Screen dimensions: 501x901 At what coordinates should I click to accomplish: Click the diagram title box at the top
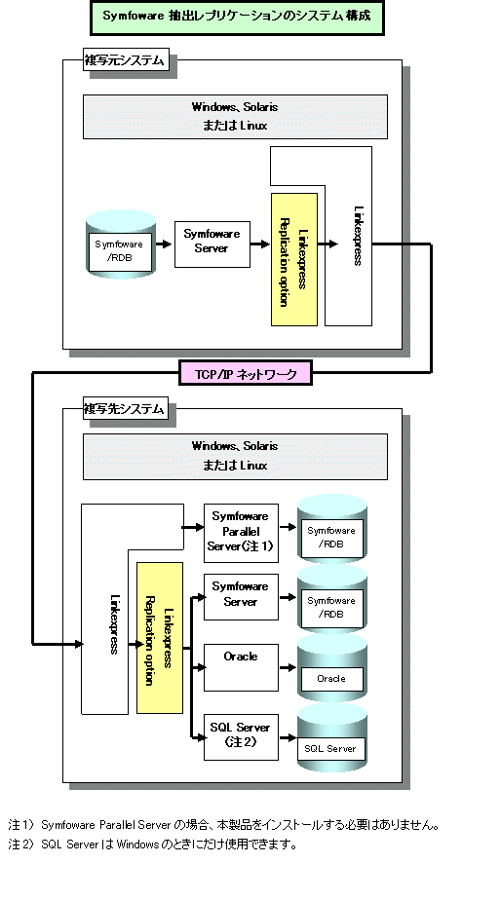[x=237, y=18]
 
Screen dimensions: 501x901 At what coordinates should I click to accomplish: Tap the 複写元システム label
[x=126, y=59]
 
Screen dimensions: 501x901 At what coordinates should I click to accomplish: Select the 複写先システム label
[x=126, y=408]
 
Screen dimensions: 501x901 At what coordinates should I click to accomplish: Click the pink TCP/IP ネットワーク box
[x=246, y=374]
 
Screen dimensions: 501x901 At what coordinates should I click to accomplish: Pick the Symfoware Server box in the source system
[x=212, y=244]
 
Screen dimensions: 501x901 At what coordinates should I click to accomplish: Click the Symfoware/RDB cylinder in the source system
[x=122, y=244]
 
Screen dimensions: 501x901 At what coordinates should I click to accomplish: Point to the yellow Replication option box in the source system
[x=294, y=260]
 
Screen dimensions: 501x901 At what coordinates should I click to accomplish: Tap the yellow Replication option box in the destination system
[x=159, y=638]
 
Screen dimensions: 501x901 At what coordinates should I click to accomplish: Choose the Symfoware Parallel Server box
[x=241, y=532]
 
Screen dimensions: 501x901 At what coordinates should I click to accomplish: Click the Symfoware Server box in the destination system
[x=241, y=596]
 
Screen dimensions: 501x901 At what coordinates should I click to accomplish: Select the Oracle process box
[x=241, y=667]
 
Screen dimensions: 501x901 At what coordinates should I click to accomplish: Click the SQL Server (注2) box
[x=241, y=737]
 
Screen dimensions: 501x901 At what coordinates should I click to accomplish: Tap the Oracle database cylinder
[x=332, y=667]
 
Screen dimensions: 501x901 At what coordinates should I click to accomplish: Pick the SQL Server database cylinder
[x=332, y=738]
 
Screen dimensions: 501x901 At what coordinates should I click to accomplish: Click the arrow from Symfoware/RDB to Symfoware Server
[x=165, y=244]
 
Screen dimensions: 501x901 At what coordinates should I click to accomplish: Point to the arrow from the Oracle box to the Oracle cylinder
[x=288, y=667]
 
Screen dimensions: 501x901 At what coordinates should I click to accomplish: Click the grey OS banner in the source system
[x=235, y=117]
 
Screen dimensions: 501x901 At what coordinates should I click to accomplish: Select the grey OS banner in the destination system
[x=235, y=456]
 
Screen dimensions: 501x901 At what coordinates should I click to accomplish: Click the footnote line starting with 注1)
[x=225, y=826]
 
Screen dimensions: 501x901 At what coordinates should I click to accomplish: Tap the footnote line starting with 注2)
[x=153, y=845]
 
